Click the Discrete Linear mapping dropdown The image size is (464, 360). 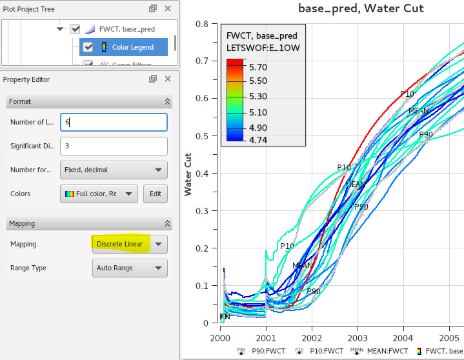tap(130, 244)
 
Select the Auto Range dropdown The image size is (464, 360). tap(130, 268)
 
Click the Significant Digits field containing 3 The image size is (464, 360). tap(114, 146)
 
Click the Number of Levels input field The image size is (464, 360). tap(114, 122)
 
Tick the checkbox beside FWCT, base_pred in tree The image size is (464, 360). tap(76, 29)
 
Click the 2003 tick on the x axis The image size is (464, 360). tap(357, 337)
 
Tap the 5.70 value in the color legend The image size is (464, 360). tap(257, 67)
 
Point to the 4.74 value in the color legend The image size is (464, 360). tap(257, 138)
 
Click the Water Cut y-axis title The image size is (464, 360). tap(188, 174)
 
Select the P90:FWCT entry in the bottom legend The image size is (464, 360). tap(261, 352)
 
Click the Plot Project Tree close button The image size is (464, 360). tap(168, 8)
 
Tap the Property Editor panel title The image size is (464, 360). tap(26, 79)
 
